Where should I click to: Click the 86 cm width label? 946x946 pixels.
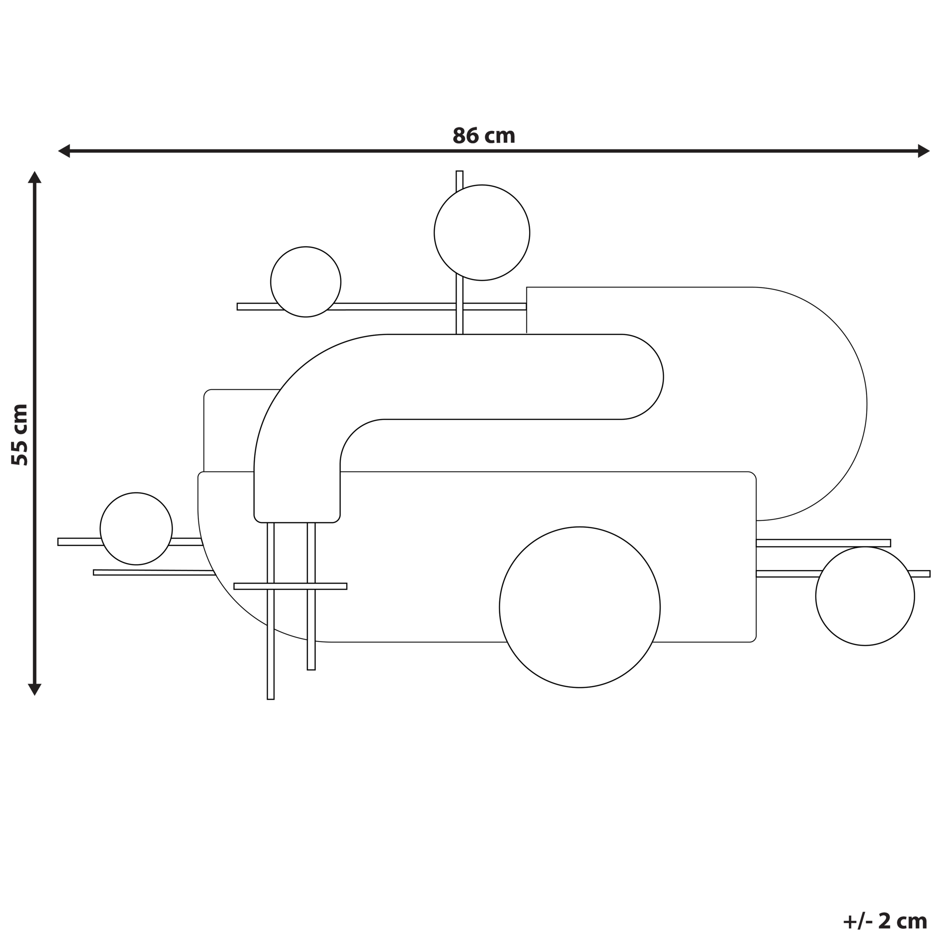[483, 136]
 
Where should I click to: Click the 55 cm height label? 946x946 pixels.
[20, 435]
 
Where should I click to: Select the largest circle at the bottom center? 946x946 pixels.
[579, 607]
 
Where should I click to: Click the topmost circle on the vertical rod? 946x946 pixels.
[482, 232]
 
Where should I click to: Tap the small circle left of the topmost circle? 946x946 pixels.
[306, 282]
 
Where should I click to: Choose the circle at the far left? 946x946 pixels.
[136, 529]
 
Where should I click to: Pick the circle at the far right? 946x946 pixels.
[865, 596]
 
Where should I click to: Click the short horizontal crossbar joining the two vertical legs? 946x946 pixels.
[290, 586]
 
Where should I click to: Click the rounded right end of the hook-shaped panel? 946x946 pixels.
[651, 377]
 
